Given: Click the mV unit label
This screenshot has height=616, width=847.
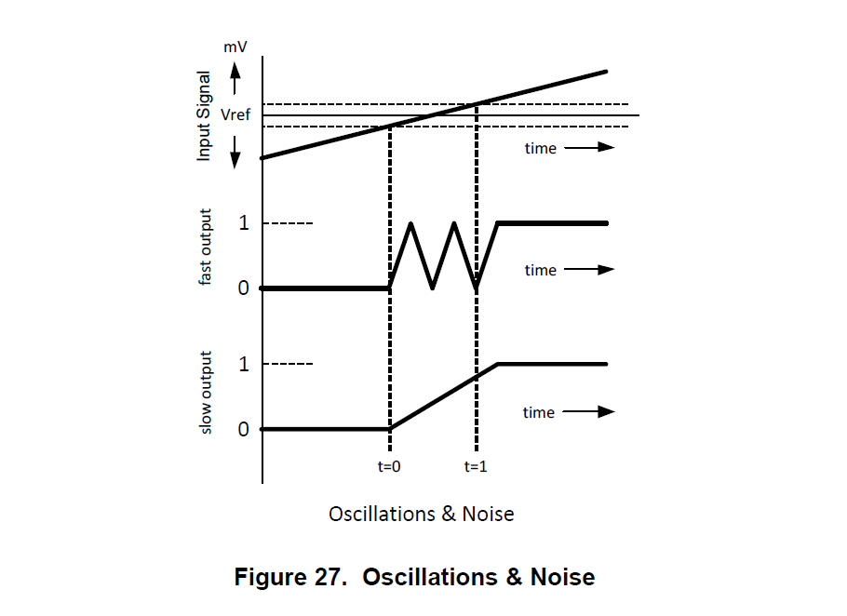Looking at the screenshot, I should pyautogui.click(x=235, y=46).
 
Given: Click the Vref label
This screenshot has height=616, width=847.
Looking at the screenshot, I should pyautogui.click(x=236, y=115).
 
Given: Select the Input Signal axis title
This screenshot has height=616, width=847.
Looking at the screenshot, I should pyautogui.click(x=205, y=115).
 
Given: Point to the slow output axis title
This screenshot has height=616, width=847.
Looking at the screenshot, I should pyautogui.click(x=206, y=392).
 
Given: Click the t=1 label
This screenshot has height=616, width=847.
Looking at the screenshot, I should pyautogui.click(x=476, y=466).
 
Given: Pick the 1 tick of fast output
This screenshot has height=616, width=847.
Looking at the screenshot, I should pyautogui.click(x=244, y=223).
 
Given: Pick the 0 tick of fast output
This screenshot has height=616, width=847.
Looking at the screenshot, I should pyautogui.click(x=244, y=288).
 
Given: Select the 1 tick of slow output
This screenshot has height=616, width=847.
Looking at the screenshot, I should pyautogui.click(x=244, y=364).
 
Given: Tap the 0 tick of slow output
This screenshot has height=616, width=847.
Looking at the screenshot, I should pyautogui.click(x=244, y=429).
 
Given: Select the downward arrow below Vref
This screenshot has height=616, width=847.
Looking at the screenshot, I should pyautogui.click(x=235, y=150).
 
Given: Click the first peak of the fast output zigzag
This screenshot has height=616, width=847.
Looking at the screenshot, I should pyautogui.click(x=410, y=223).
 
